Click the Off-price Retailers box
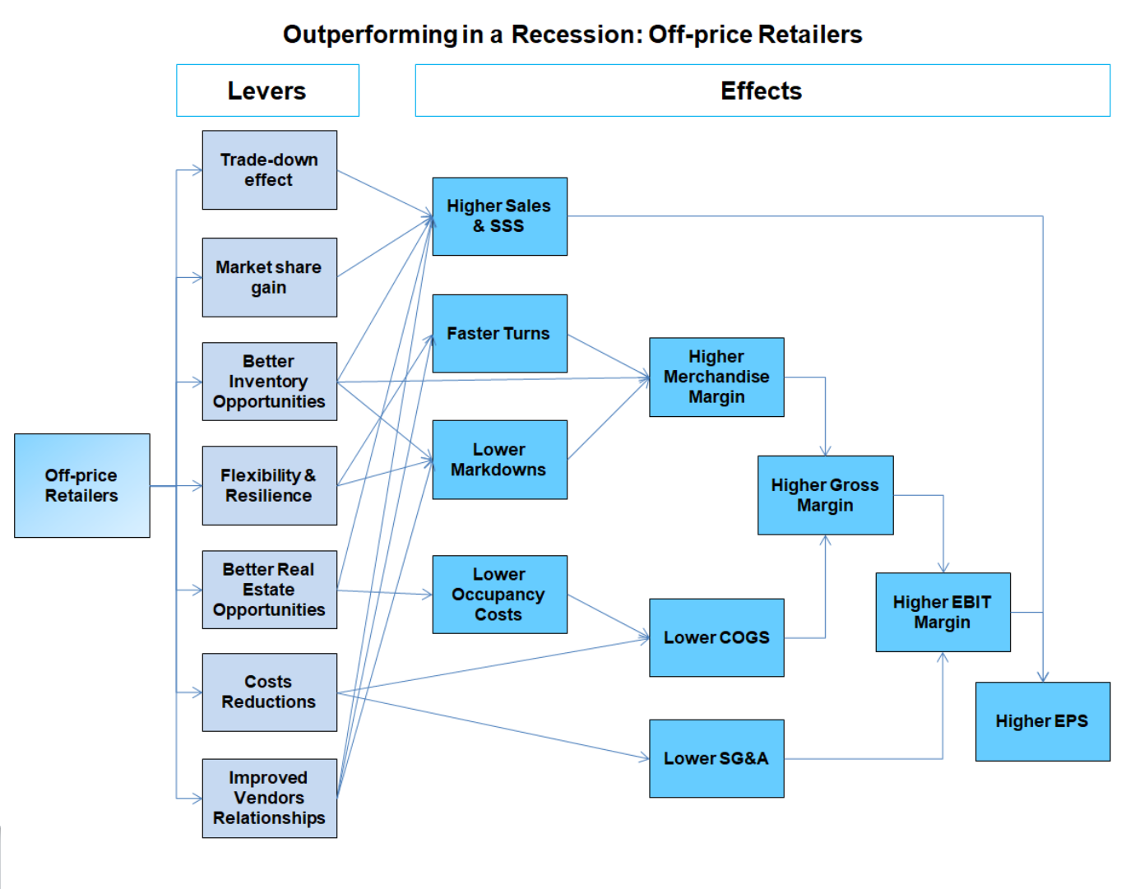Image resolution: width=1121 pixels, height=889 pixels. (x=81, y=485)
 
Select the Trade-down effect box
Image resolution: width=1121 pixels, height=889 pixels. (x=269, y=169)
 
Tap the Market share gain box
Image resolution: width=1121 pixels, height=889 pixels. (x=269, y=277)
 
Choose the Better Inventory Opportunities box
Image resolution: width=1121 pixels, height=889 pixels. (x=269, y=382)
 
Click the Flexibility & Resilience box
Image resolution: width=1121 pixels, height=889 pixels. (x=269, y=485)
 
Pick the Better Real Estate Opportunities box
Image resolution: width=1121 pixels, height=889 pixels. (x=269, y=590)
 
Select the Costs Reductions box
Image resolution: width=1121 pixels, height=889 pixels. (x=269, y=692)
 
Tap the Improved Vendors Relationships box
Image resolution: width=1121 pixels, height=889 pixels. (x=269, y=798)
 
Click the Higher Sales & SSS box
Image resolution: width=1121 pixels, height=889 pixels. (x=499, y=216)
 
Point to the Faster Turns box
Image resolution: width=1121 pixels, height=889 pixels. (x=499, y=333)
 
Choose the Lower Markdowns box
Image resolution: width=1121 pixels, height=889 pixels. (x=499, y=460)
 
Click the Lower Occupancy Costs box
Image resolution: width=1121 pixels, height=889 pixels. (x=499, y=594)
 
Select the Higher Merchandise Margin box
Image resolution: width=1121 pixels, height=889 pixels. (x=716, y=377)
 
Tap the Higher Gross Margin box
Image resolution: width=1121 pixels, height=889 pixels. (x=825, y=495)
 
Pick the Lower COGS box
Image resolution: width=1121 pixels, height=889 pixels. (x=716, y=637)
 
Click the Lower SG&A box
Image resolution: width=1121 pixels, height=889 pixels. (x=716, y=758)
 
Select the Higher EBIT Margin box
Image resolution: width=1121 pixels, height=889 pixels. (x=943, y=612)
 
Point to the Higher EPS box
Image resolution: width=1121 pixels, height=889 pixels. (x=1042, y=721)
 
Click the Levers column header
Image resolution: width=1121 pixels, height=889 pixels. (x=267, y=90)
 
